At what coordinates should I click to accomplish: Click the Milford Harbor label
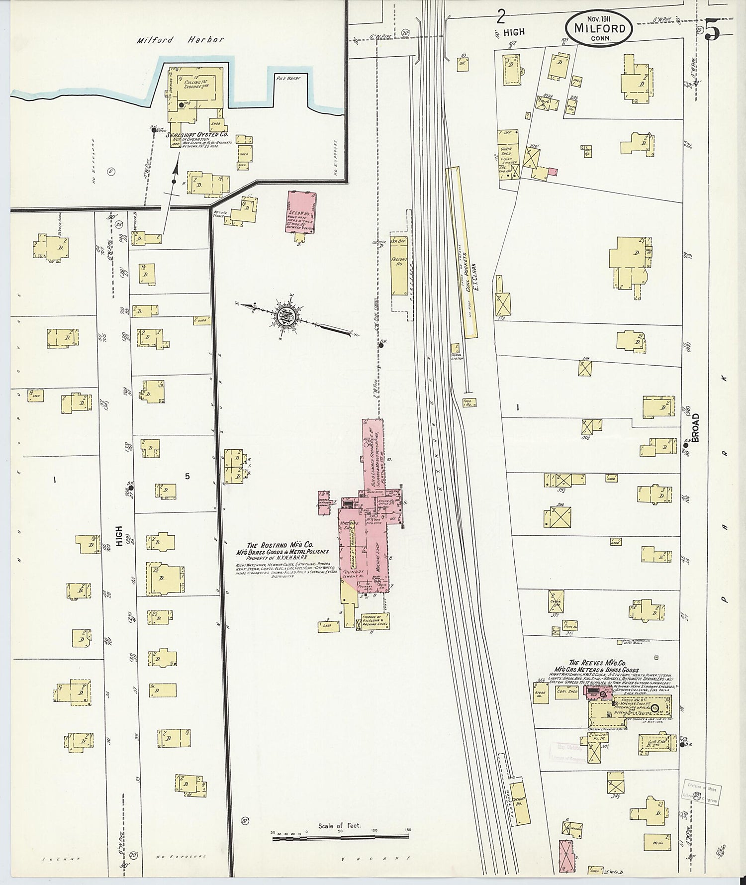tap(181, 40)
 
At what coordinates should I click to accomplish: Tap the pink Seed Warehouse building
tap(301, 212)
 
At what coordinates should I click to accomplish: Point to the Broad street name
tap(695, 428)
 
